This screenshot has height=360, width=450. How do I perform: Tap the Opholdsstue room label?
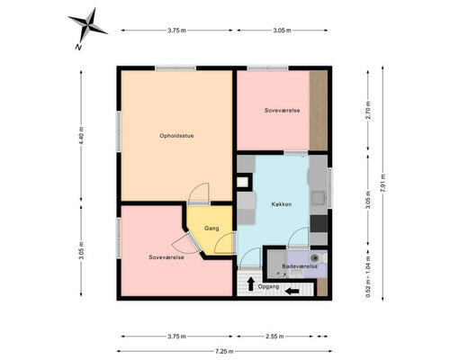point(176,136)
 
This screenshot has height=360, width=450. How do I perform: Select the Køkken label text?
point(282,204)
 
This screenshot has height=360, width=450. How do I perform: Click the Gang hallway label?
point(211,229)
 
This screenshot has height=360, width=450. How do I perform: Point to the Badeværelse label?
point(300,266)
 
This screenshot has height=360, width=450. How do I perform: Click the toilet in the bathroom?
point(316,257)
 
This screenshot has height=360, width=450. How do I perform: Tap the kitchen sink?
point(318,198)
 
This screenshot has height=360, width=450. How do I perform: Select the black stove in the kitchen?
point(319,223)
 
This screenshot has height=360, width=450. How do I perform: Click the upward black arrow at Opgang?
point(250,283)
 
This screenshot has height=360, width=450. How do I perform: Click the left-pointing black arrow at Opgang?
point(292,291)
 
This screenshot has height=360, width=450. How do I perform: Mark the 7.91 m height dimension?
point(382,183)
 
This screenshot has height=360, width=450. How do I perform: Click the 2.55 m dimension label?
point(274,337)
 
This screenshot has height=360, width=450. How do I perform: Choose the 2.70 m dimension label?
point(368,111)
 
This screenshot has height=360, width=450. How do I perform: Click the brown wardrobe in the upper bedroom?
point(319,111)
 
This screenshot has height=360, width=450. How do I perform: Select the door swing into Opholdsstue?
point(198,193)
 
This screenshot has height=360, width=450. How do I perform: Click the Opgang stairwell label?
point(268,286)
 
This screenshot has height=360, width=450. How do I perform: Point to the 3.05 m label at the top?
point(282,31)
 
